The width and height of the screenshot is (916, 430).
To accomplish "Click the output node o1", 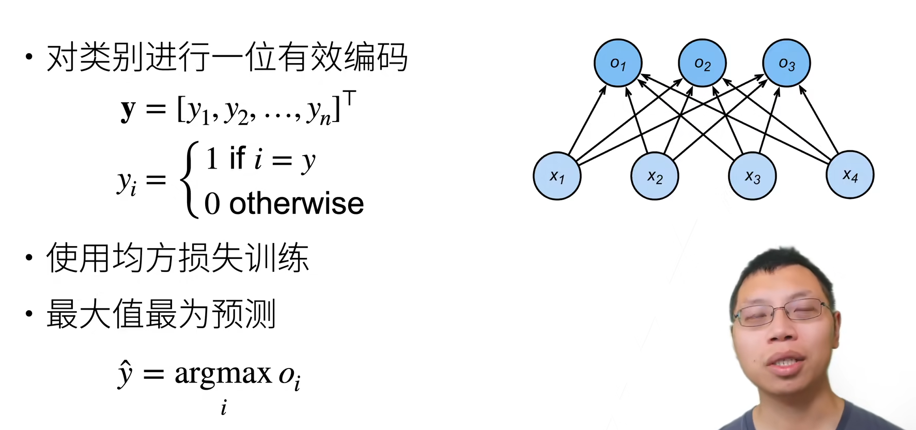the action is [618, 63].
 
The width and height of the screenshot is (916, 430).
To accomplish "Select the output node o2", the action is [702, 63].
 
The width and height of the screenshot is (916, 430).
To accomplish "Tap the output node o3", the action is [786, 63].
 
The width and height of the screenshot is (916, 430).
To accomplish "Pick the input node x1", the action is [557, 176].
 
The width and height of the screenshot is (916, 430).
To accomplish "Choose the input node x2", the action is [655, 176].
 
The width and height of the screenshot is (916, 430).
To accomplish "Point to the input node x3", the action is [752, 176].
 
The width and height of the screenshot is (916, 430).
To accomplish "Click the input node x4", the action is [850, 175].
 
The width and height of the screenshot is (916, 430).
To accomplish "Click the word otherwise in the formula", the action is [297, 203].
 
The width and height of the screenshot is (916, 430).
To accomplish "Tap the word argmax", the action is [223, 373].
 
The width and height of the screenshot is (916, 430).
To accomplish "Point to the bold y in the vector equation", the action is [128, 110].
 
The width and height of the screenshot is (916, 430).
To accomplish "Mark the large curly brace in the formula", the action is [189, 179].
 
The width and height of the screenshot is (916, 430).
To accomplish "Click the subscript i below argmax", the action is [224, 408].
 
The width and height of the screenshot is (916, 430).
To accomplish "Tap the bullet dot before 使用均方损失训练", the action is [29, 257].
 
